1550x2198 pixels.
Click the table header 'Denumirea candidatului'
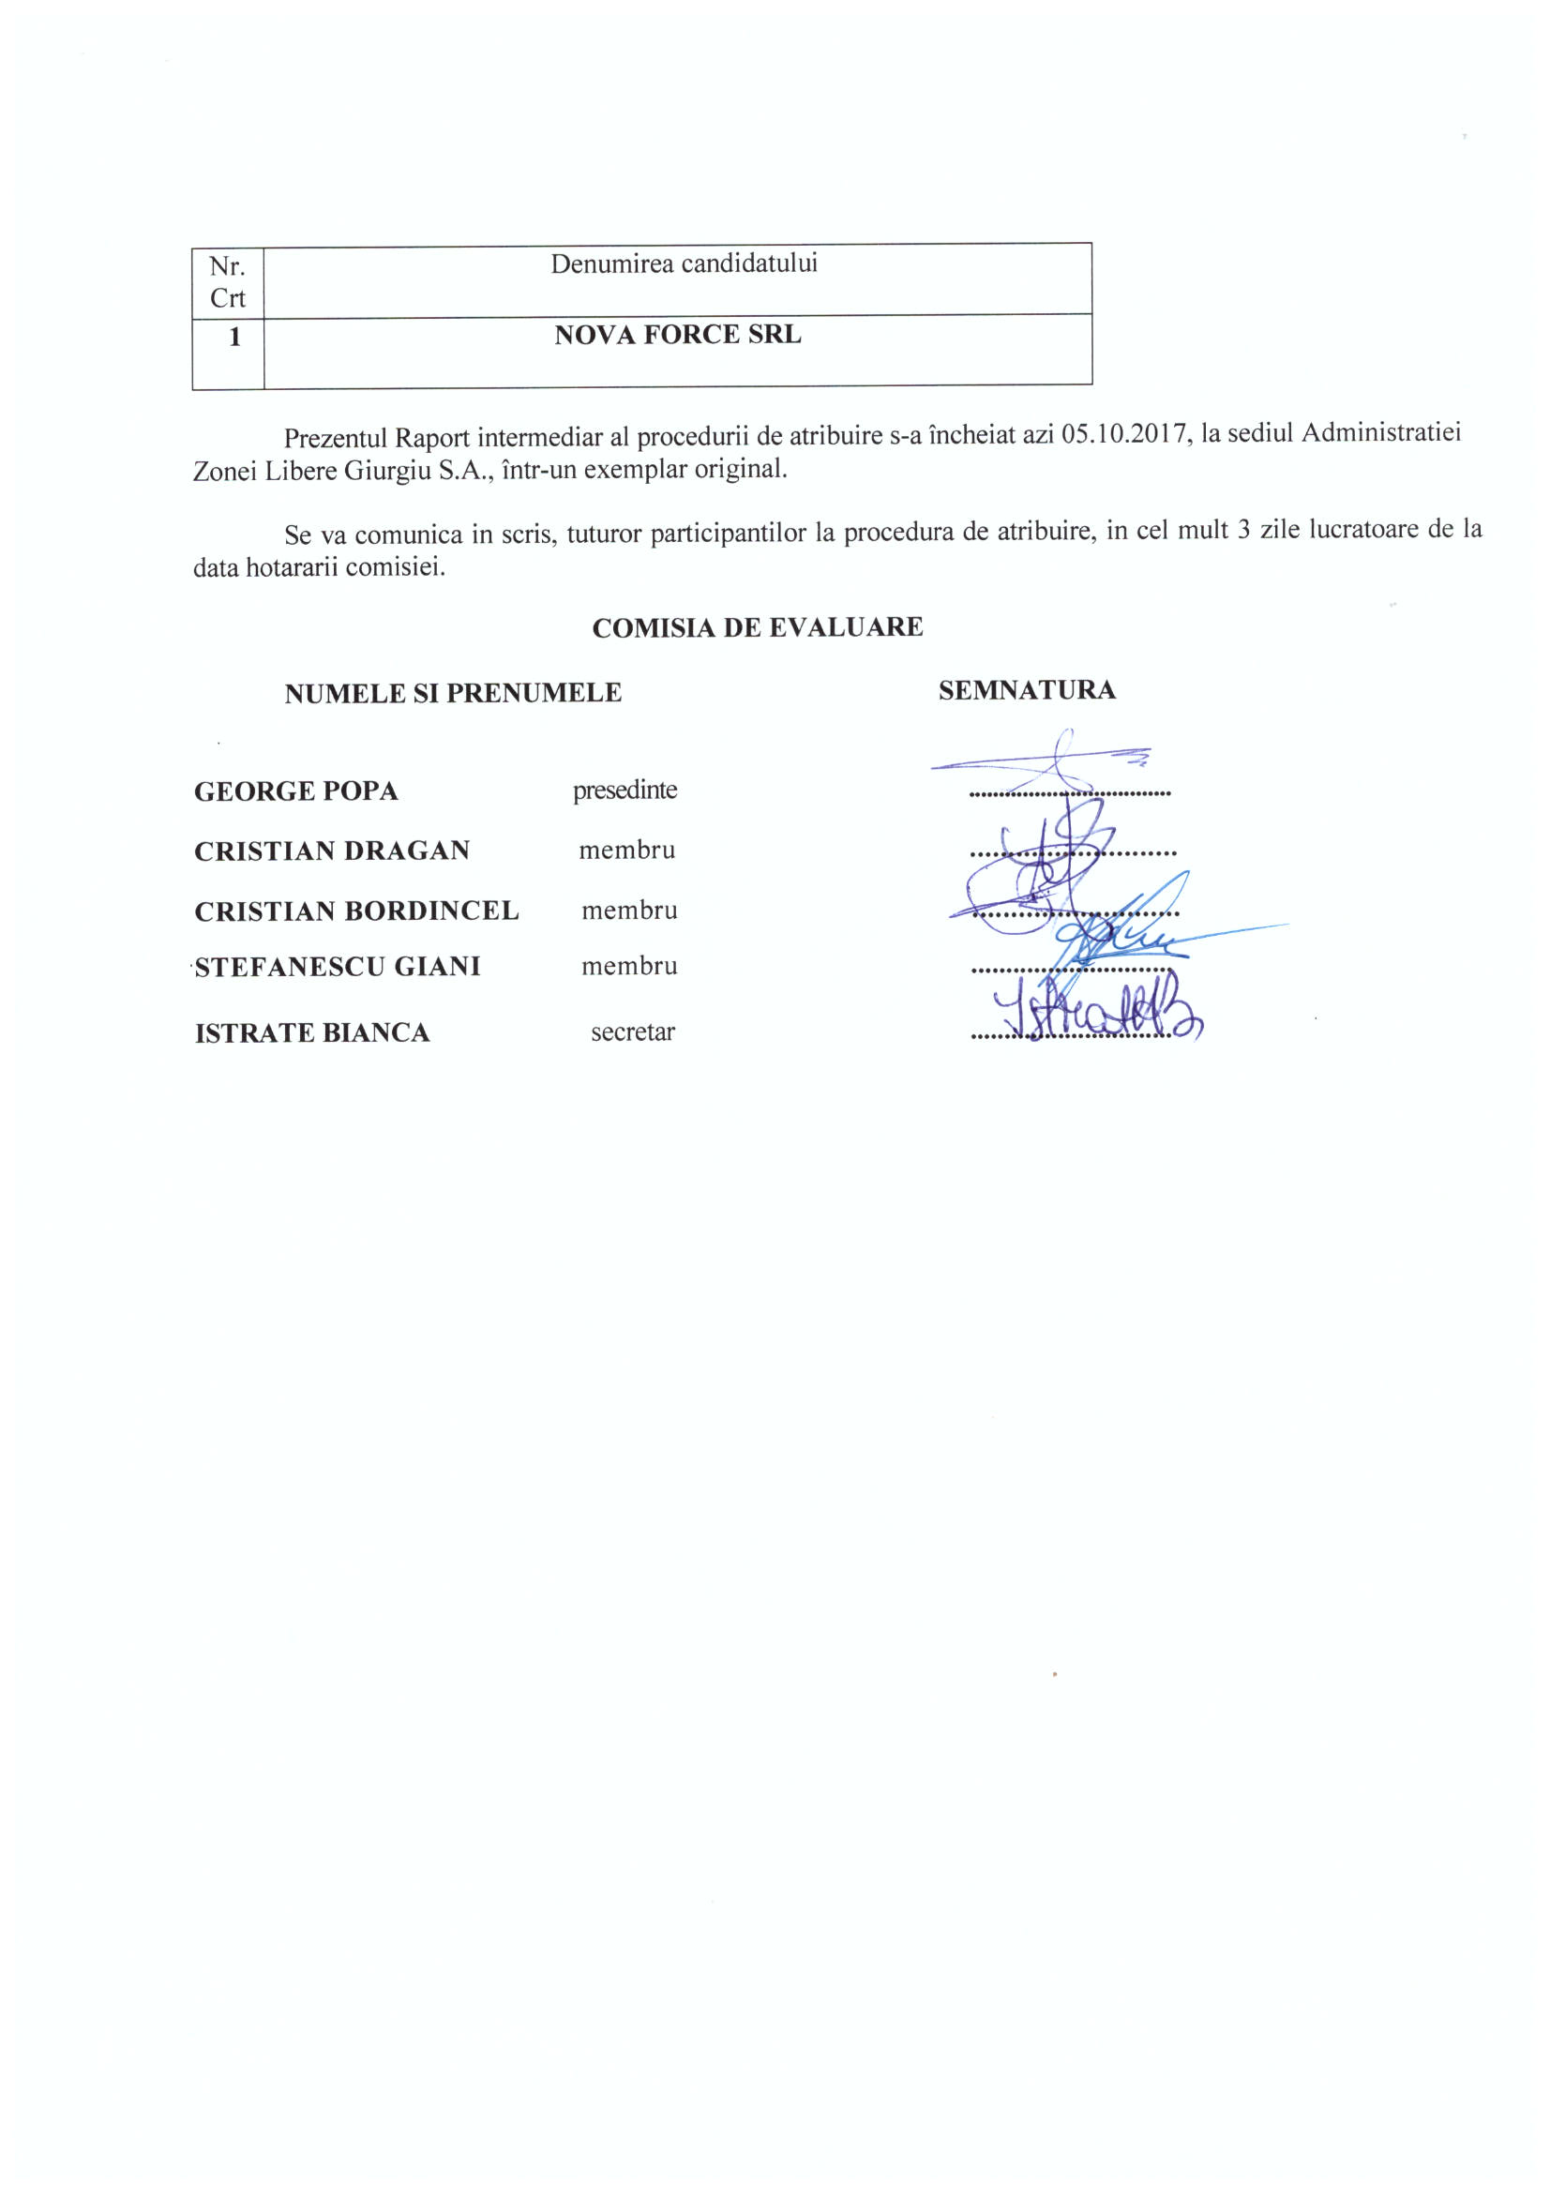pos(684,263)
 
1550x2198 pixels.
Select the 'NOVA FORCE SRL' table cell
pos(677,334)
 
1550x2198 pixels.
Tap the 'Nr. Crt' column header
pos(227,281)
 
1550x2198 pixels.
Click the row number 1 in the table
pos(233,337)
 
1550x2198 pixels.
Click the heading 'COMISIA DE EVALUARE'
pos(757,627)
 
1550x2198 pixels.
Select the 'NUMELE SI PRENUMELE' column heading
pos(452,692)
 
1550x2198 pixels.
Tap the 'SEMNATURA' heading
pos(1027,689)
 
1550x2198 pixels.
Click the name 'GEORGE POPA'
pos(295,790)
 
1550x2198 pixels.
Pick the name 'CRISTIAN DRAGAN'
pos(331,851)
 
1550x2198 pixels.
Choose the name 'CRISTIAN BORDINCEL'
pos(356,911)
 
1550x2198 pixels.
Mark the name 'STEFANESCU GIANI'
pos(337,967)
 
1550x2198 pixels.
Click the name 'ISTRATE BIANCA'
pos(312,1033)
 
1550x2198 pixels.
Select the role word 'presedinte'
pos(625,790)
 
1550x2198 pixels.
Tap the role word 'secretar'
pos(632,1032)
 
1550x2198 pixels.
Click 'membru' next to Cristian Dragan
pos(626,851)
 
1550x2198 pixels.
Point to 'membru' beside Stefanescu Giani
pos(629,966)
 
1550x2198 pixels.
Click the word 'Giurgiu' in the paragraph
pos(386,471)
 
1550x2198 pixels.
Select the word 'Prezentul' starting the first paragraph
pos(335,439)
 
